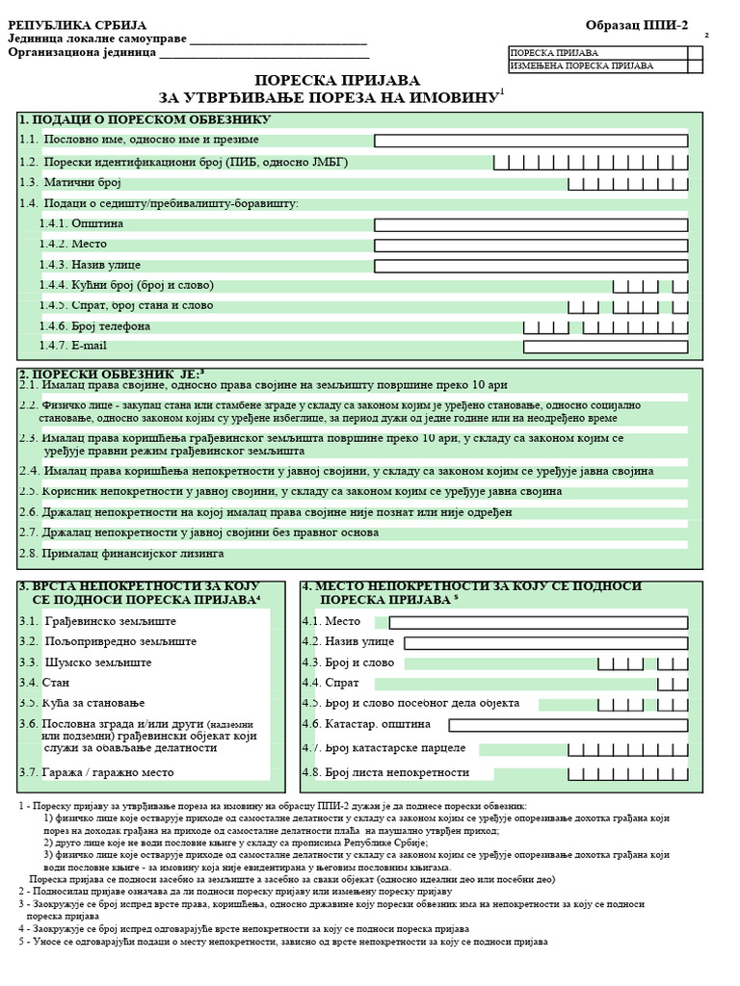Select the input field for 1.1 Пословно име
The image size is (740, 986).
pos(531,141)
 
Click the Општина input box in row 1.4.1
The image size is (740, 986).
pos(531,224)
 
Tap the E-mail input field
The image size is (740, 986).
pos(605,347)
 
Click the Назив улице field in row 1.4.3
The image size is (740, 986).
pos(531,266)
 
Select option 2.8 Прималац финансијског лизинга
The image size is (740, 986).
pos(121,554)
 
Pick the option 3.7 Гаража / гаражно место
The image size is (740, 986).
pos(96,772)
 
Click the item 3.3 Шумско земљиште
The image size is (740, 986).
pos(85,662)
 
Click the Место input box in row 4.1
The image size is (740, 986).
pos(539,622)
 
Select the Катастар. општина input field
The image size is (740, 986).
pos(568,725)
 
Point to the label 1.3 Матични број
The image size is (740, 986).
pos(70,182)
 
